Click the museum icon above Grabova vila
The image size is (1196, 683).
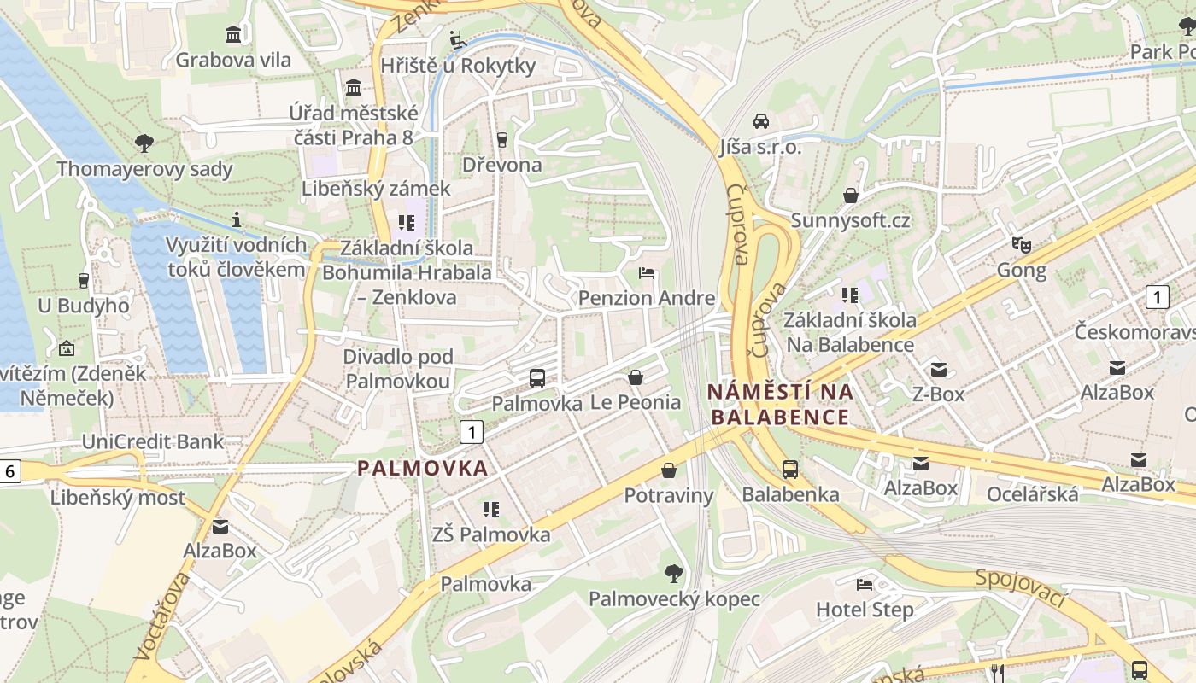[x=233, y=34]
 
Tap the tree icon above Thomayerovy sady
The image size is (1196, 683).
[x=144, y=143]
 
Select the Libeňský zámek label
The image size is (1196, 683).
[x=375, y=189]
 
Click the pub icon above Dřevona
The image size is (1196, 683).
[x=501, y=138]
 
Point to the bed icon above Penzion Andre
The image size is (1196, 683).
[x=647, y=273]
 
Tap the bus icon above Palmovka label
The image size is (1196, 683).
[x=537, y=377]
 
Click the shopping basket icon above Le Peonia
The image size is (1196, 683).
[x=636, y=377]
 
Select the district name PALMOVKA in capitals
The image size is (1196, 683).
[x=422, y=468]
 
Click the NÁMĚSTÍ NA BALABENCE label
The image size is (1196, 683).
[x=780, y=405]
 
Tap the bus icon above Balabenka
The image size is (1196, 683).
[x=790, y=470]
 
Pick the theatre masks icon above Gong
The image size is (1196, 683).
[x=1021, y=245]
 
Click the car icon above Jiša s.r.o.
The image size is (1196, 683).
[x=761, y=121]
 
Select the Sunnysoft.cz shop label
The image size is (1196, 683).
[x=850, y=220]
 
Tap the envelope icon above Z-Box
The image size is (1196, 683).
[x=939, y=369]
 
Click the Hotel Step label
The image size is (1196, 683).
[x=865, y=610]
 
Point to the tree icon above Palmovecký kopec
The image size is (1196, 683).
[x=674, y=573]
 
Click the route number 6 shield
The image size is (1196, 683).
[x=10, y=471]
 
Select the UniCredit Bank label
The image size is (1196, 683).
[x=152, y=441]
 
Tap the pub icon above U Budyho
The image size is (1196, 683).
[x=83, y=280]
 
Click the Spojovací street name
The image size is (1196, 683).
[x=1022, y=587]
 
